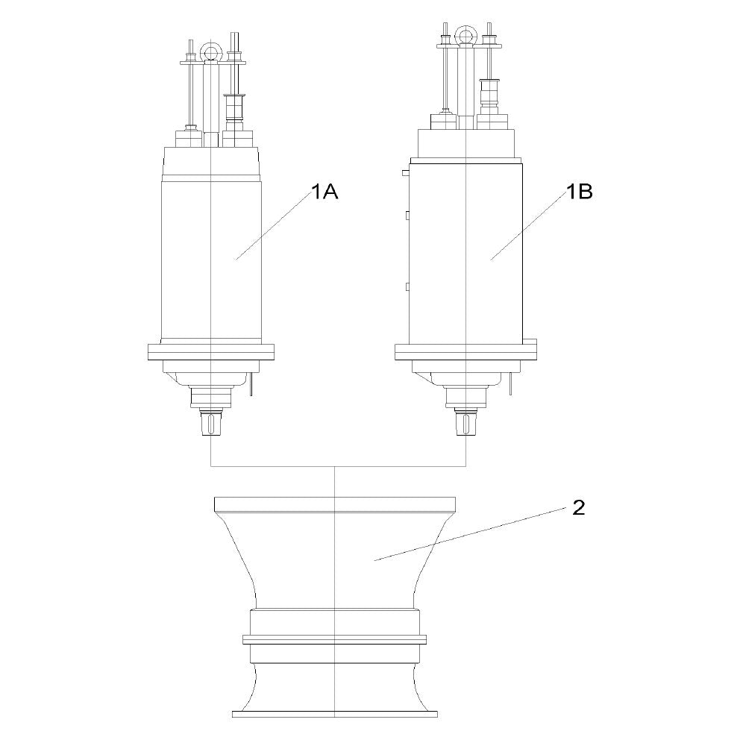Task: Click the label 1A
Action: tap(324, 192)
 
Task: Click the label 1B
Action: tap(579, 192)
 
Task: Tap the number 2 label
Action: tap(579, 507)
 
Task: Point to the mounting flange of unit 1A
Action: tap(211, 353)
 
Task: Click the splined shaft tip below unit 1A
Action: tap(210, 423)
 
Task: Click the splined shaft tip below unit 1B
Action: tap(465, 423)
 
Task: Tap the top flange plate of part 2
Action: tap(335, 504)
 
